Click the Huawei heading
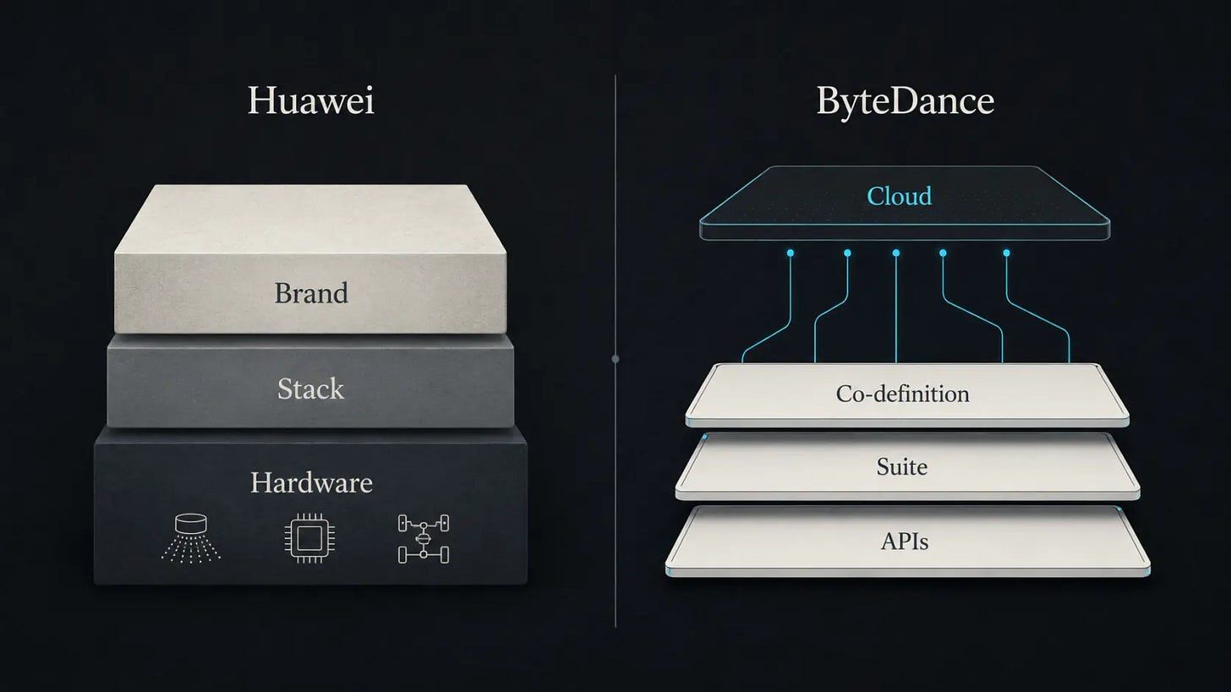tap(311, 101)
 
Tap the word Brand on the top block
tap(311, 292)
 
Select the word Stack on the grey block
tap(310, 389)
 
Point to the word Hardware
tap(312, 482)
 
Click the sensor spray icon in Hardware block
tap(191, 538)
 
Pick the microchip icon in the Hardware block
tap(309, 538)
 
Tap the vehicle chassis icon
tap(423, 539)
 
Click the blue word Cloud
tap(899, 196)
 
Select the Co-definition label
tap(902, 394)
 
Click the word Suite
tap(902, 466)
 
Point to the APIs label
tap(905, 542)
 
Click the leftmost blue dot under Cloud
tap(791, 253)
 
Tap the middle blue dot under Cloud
tap(896, 253)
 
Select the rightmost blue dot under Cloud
tap(1006, 253)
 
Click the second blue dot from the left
tap(847, 253)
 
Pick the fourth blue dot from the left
tap(943, 253)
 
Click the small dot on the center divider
tap(615, 359)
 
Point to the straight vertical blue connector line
tap(896, 308)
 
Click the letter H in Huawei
tap(261, 101)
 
